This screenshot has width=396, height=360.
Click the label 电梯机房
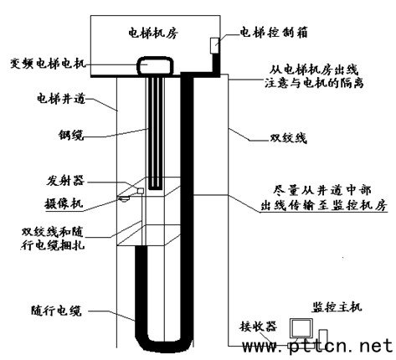coord(153,33)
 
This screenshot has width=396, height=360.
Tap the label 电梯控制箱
coord(274,32)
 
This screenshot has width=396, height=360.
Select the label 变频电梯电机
coord(47,64)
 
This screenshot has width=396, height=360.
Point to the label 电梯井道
coord(61,99)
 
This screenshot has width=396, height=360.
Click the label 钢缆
coord(71,135)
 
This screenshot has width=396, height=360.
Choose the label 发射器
coord(65,181)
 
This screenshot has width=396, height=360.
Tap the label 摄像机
coord(64,203)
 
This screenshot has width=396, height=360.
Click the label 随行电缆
coord(56,311)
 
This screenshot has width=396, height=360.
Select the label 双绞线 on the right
coord(288,138)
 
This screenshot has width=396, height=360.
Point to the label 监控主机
coord(337,306)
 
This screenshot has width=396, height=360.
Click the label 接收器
coord(258,326)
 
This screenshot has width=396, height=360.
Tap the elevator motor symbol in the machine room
coord(155,66)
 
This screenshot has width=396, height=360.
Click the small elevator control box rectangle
coord(214,45)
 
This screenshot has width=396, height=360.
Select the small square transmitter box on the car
coord(141,191)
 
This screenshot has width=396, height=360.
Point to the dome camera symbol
coord(124,198)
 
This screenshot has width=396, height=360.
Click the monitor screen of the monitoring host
coord(301,328)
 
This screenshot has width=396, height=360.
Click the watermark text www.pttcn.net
coord(317,346)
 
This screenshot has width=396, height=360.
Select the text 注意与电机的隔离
coord(314,83)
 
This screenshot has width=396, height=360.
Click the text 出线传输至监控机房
coord(324,206)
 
